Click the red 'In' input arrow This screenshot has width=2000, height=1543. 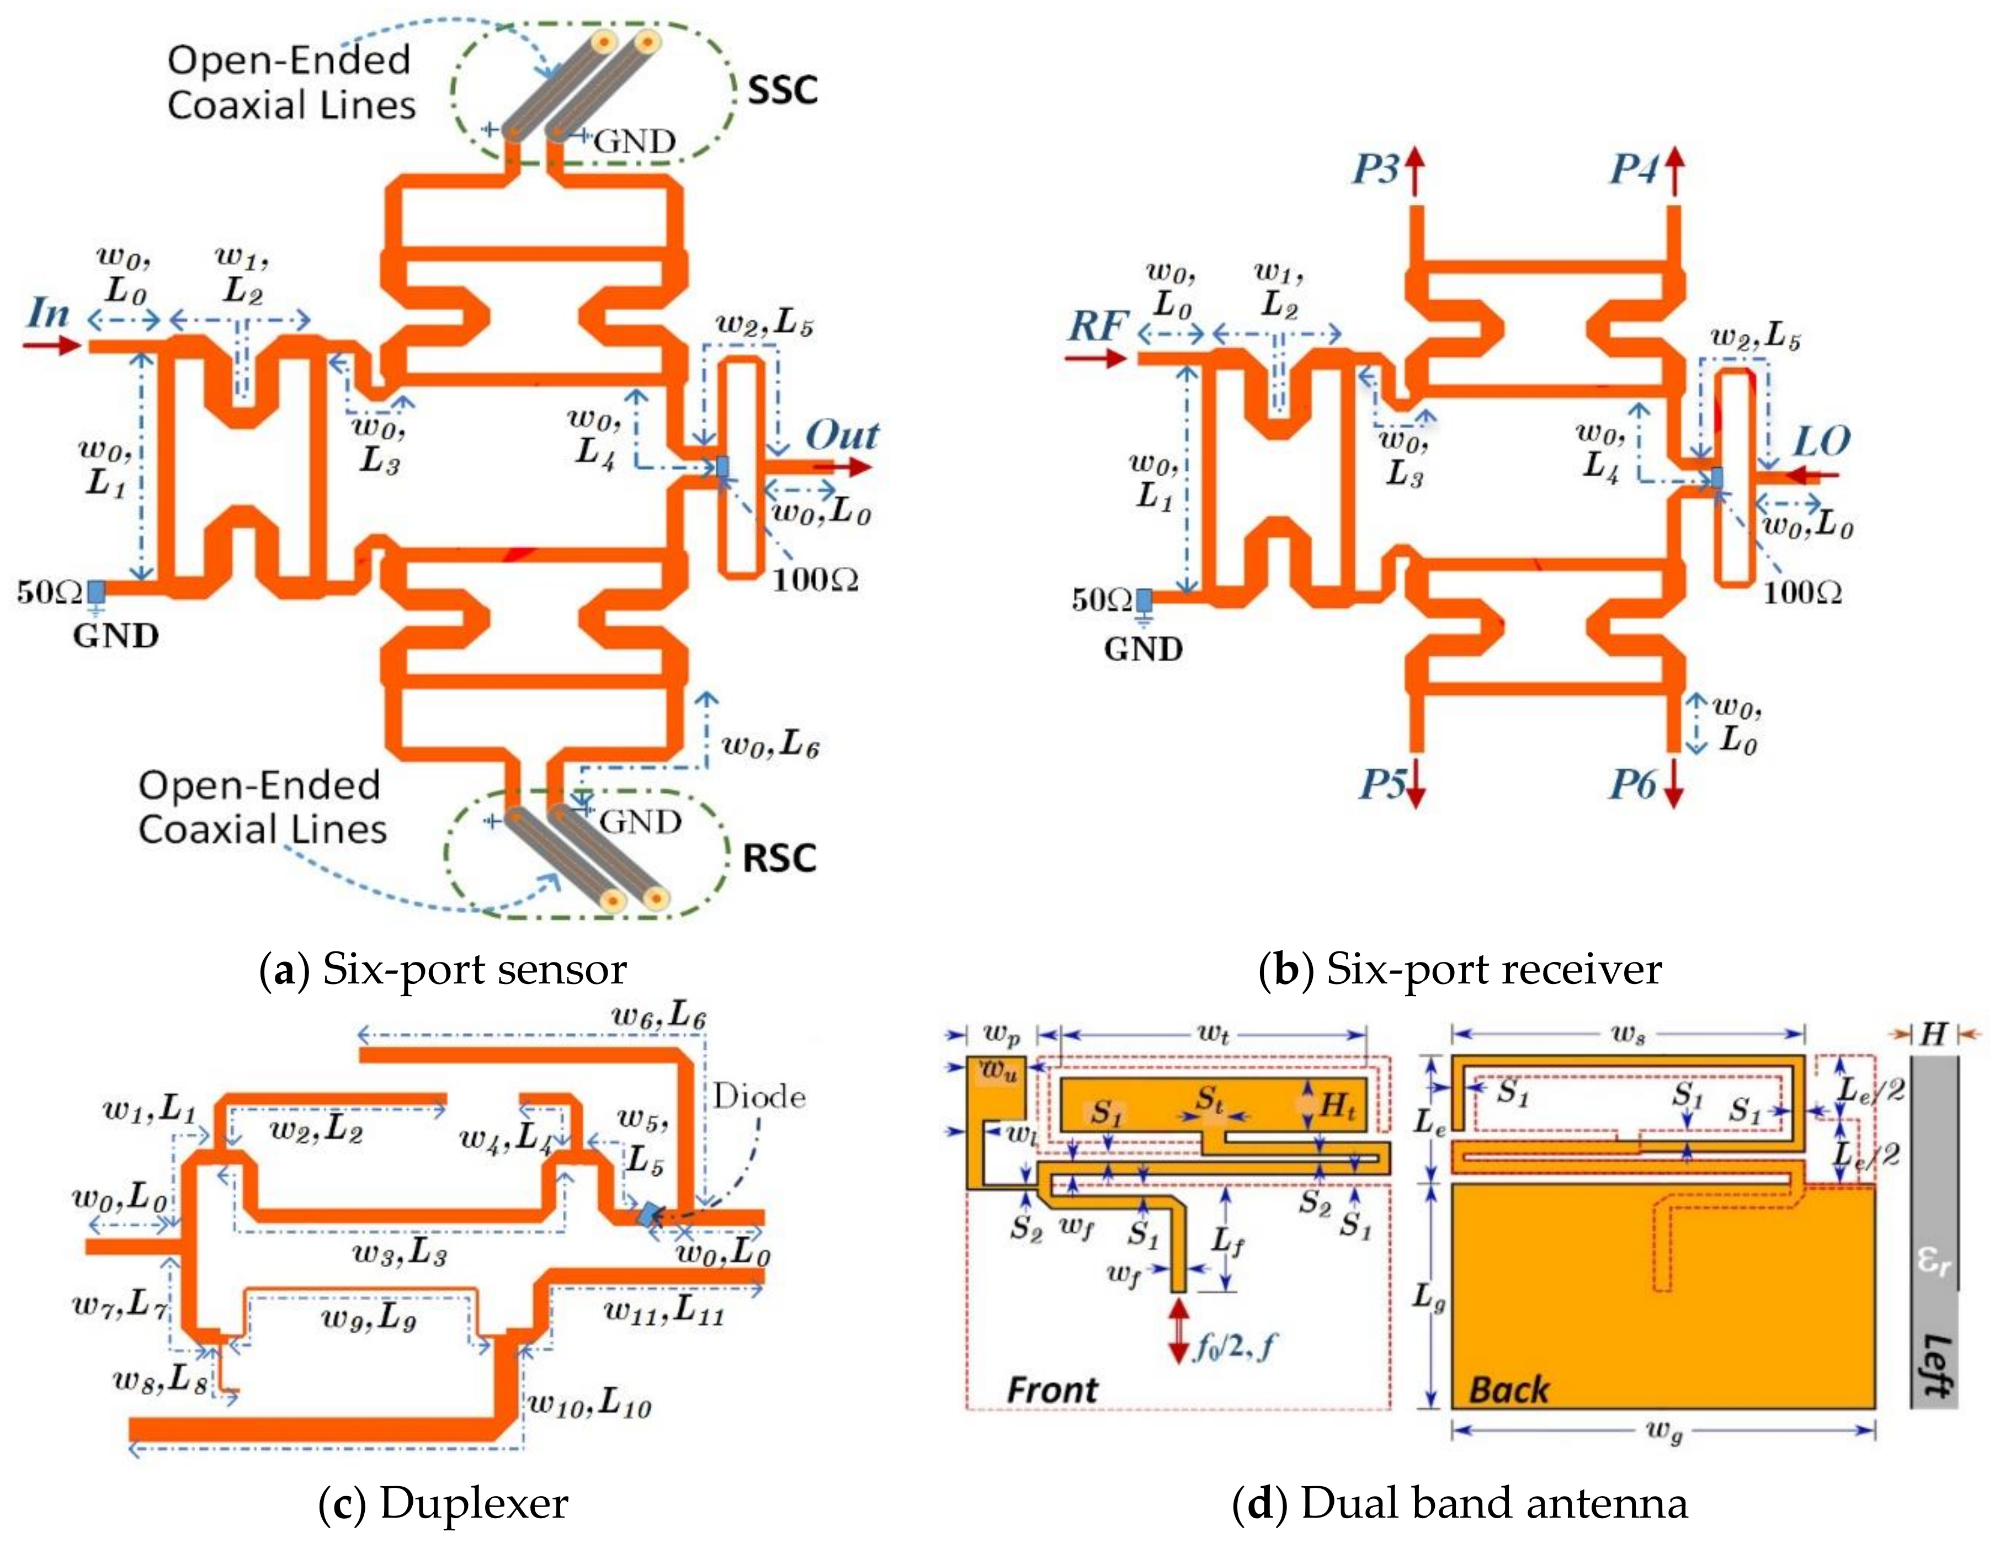52,345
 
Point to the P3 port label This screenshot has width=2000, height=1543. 1376,169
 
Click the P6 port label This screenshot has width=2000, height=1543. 1633,784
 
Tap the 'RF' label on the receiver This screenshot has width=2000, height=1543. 1097,326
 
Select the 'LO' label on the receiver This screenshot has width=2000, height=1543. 1821,442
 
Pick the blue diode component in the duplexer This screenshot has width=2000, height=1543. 648,1214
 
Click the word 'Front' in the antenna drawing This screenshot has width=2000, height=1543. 1052,1390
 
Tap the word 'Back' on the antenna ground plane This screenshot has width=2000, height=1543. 1508,1390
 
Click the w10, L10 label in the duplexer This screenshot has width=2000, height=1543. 590,1404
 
